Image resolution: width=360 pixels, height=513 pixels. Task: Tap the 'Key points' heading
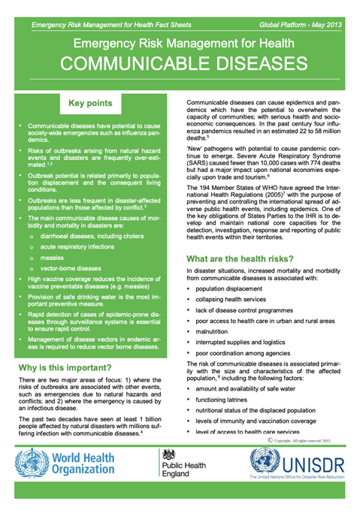point(90,103)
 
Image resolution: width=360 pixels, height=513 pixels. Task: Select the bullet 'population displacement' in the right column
point(236,288)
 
